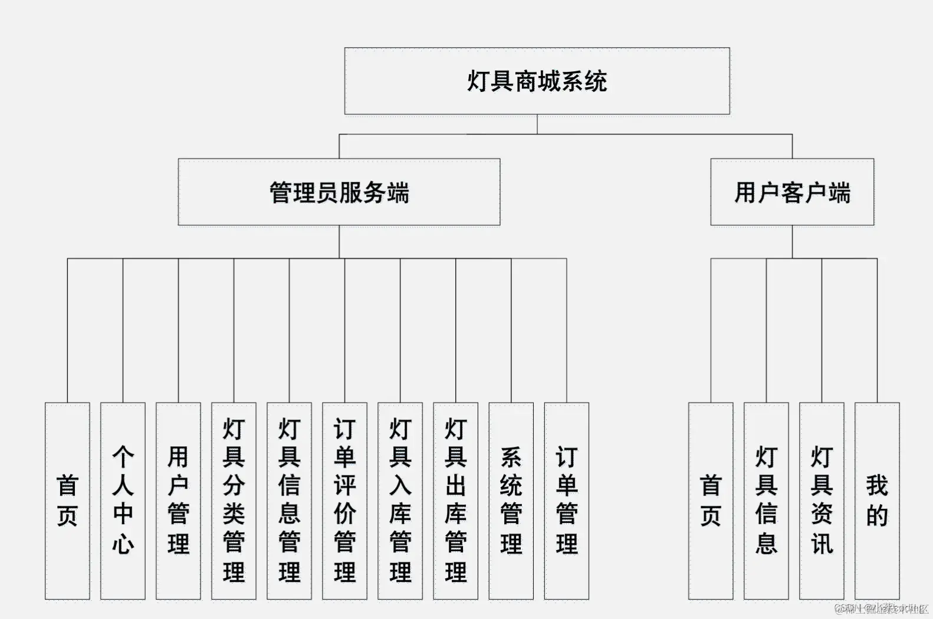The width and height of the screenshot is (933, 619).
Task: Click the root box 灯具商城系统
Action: (537, 81)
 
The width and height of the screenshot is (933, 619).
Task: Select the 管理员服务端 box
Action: (339, 192)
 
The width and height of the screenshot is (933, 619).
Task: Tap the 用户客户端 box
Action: (792, 192)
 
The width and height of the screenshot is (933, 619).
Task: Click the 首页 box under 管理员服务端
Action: (67, 501)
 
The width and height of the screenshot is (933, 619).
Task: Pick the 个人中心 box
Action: (123, 501)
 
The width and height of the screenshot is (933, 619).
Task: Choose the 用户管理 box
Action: (178, 501)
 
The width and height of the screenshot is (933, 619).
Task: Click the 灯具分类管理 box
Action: (234, 501)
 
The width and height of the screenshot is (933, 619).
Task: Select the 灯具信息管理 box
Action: (289, 501)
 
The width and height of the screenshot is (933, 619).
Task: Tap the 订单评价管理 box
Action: (344, 501)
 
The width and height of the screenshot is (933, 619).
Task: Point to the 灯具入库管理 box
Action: (400, 501)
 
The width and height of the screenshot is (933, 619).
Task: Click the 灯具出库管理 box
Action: (455, 501)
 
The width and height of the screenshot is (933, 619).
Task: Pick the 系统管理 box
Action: (511, 501)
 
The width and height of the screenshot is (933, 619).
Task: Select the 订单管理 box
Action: (566, 501)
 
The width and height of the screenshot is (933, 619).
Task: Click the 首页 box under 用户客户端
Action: (711, 501)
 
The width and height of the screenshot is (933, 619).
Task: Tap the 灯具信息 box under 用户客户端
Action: (766, 501)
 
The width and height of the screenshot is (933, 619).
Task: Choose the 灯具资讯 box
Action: (822, 501)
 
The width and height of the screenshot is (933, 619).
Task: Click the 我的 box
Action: (877, 501)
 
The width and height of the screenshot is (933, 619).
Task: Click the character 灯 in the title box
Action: (478, 81)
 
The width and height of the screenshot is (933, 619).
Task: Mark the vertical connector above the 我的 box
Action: (877, 330)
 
